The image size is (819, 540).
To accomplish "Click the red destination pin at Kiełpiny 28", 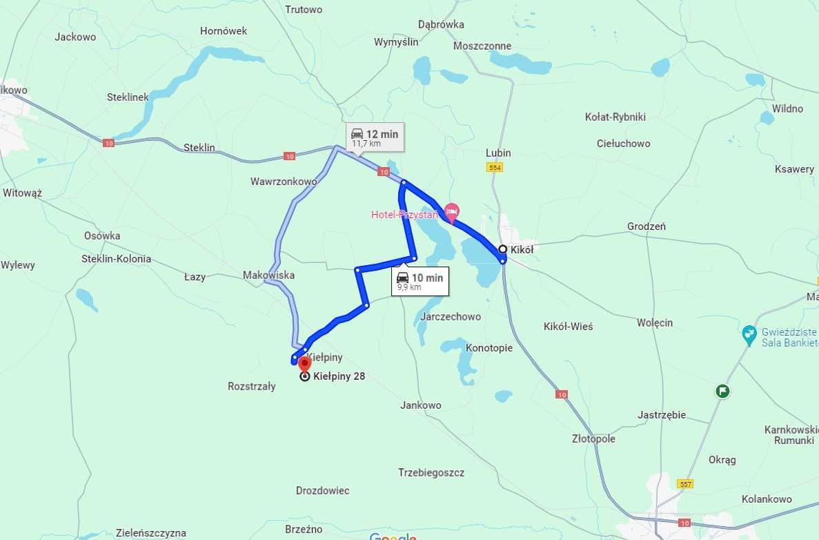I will (x=304, y=364).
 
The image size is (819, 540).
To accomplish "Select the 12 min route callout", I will (x=375, y=137).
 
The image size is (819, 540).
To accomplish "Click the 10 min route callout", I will (x=420, y=281).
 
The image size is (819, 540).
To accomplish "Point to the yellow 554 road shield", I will (x=494, y=168).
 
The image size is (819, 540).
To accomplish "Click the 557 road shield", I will (x=684, y=484).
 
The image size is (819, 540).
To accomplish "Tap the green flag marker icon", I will (x=722, y=392).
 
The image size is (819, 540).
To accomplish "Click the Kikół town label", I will (x=522, y=250).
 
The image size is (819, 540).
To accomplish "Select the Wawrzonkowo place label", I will (x=284, y=182).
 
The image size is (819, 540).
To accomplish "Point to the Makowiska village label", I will (x=268, y=275).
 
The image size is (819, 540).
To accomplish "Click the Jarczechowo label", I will (x=450, y=316).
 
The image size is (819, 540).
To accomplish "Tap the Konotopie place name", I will (x=489, y=347).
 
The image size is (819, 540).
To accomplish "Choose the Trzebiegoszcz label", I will (x=431, y=472).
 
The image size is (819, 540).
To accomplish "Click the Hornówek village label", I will (x=224, y=31).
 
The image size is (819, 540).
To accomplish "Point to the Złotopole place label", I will (x=593, y=438).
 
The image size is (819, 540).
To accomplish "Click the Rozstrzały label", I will (x=252, y=386).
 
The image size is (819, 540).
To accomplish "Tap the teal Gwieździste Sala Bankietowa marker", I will (x=749, y=336).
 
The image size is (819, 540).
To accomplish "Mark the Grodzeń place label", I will (x=647, y=226).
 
